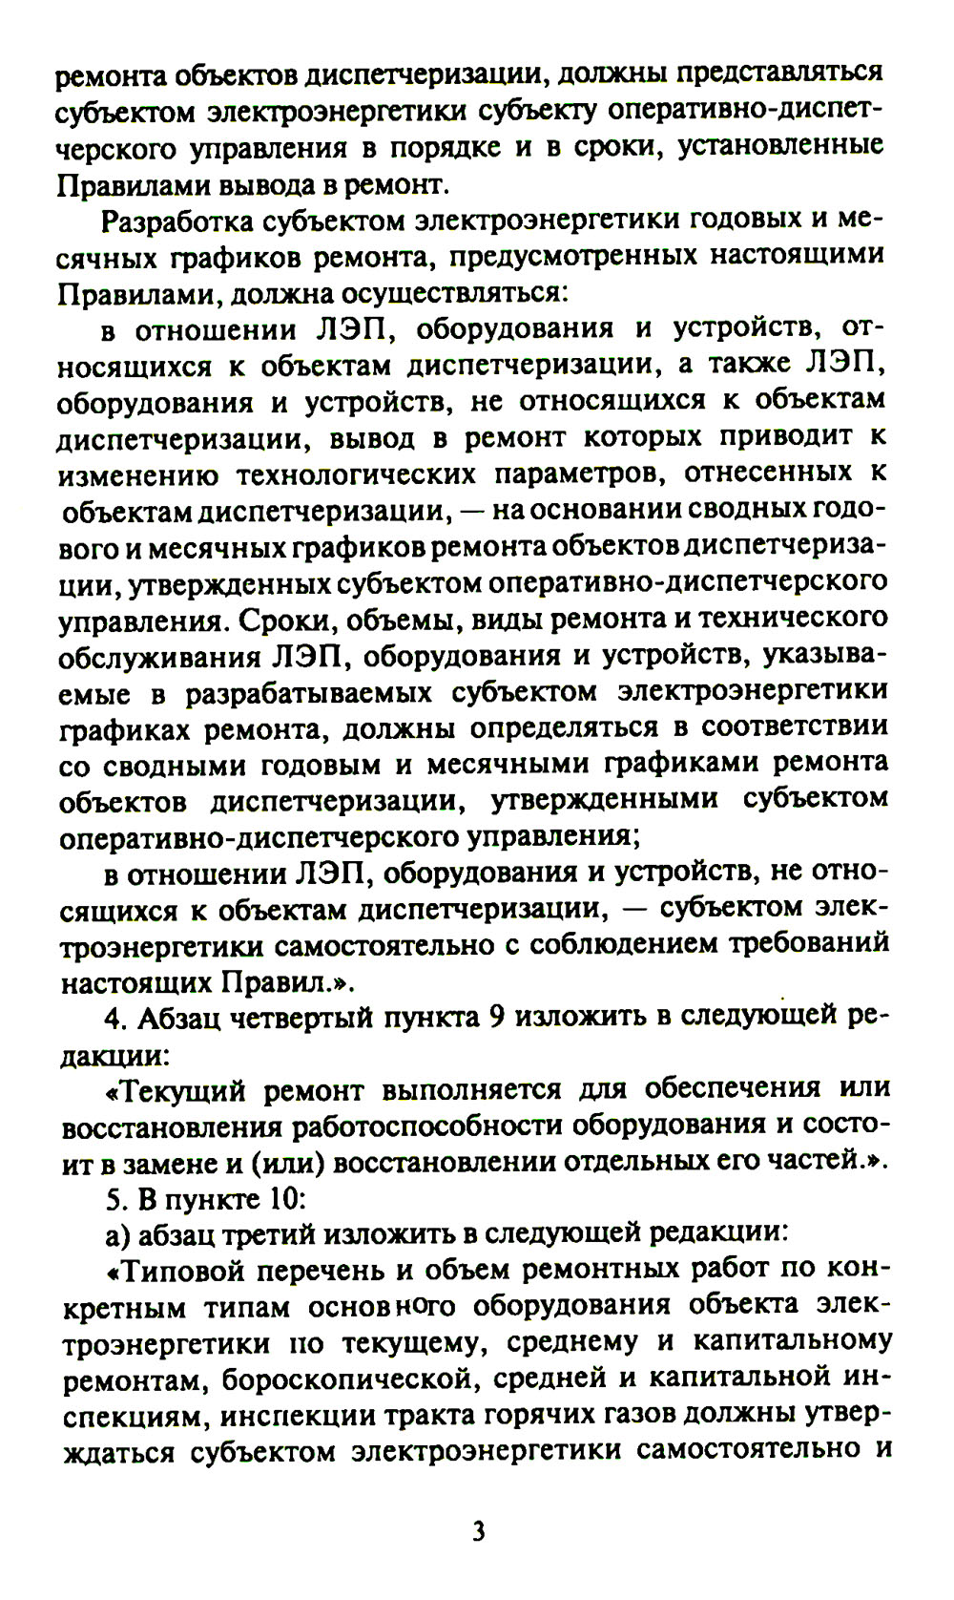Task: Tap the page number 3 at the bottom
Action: (x=478, y=1531)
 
